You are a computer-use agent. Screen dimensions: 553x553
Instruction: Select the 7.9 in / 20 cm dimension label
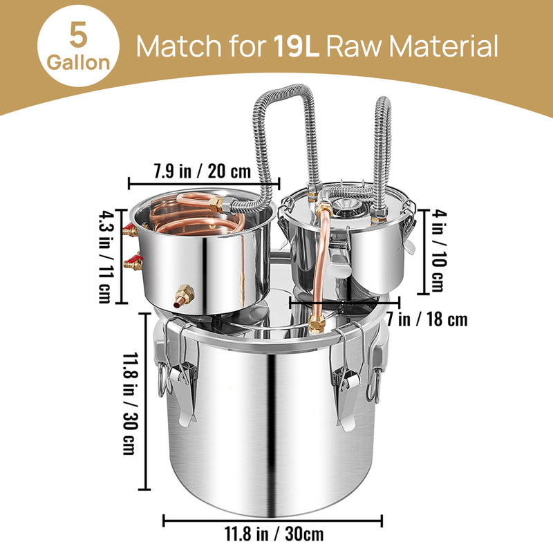pyautogui.click(x=205, y=169)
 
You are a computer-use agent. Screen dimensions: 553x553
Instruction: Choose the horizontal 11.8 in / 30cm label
pyautogui.click(x=274, y=534)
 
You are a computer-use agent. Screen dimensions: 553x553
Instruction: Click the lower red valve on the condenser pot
pyautogui.click(x=133, y=262)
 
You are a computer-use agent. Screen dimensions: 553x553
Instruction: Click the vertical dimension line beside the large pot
pyautogui.click(x=146, y=401)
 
